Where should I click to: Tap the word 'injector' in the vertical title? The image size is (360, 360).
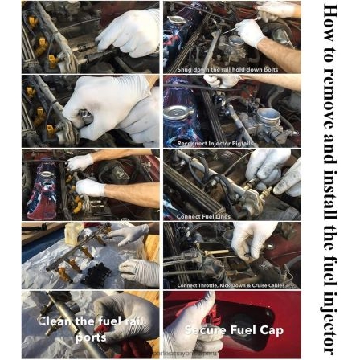(329, 309)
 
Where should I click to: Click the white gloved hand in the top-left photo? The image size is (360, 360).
(133, 32)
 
